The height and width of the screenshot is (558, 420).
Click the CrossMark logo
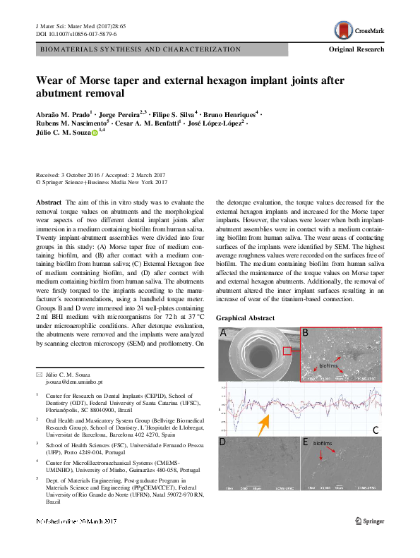click(359, 30)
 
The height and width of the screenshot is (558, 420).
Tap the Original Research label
click(356, 49)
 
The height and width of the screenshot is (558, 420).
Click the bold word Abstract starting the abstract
click(49, 202)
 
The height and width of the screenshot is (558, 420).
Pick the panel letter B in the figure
click(305, 332)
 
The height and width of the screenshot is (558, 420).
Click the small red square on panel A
click(287, 350)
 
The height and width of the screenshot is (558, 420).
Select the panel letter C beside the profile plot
click(376, 430)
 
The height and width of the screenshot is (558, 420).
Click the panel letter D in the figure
click(223, 442)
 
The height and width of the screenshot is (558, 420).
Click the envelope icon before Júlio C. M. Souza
click(39, 373)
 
